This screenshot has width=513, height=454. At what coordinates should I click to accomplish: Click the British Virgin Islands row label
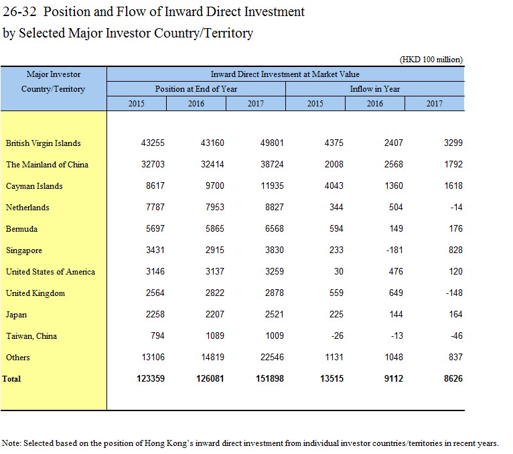(x=43, y=143)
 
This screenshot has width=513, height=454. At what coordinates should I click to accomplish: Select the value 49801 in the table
(x=272, y=143)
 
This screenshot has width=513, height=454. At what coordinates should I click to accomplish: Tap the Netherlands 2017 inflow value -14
(x=456, y=207)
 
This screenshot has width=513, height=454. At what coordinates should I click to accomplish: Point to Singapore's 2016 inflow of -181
(x=394, y=250)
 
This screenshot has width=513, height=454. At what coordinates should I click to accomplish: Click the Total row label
(x=11, y=379)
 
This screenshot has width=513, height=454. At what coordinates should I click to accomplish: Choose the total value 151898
(x=270, y=378)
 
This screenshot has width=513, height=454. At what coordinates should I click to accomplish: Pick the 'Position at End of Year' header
(x=196, y=89)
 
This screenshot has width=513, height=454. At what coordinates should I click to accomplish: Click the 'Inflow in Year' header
(x=375, y=89)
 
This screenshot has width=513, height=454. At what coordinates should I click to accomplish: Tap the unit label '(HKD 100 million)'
(x=431, y=60)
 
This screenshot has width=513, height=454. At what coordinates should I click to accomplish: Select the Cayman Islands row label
(x=34, y=186)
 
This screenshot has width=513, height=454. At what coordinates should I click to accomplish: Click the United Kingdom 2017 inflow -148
(x=455, y=293)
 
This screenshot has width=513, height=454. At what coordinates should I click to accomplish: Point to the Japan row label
(x=16, y=315)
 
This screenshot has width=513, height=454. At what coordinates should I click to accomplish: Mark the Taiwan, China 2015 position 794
(x=157, y=335)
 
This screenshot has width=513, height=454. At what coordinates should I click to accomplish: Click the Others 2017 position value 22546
(x=272, y=357)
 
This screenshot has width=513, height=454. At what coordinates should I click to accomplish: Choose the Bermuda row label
(x=21, y=229)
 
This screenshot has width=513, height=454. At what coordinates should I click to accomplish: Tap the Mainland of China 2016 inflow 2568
(x=394, y=164)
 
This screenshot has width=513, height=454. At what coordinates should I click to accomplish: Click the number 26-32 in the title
(x=19, y=12)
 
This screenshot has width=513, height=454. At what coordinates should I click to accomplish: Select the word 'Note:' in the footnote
(x=11, y=443)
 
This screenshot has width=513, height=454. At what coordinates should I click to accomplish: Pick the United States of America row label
(x=50, y=272)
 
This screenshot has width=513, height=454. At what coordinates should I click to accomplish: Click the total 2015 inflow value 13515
(x=332, y=378)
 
